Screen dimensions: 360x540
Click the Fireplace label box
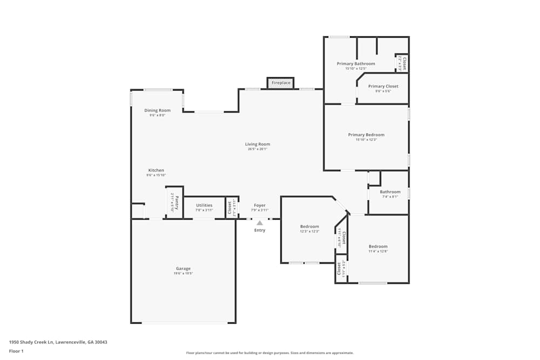pos(281,83)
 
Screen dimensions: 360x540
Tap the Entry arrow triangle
pos(260,222)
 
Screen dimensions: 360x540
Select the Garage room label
pos(183,268)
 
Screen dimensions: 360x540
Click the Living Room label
pos(258,144)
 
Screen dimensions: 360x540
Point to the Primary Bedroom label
pos(366,135)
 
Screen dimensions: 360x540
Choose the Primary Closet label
pos(383,86)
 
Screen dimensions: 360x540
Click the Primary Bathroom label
pos(356,64)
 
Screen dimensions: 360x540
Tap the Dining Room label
pos(157,111)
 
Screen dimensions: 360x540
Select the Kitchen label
pos(156,171)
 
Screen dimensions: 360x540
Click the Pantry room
pos(174,203)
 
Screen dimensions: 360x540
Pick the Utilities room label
pos(204,205)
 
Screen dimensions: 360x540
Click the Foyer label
pos(260,205)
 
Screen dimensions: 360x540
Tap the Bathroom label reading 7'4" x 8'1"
pos(390,192)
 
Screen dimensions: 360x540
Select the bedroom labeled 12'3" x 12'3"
pos(309,227)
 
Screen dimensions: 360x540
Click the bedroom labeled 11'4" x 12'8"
pos(378,246)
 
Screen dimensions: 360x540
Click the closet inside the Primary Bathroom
pos(402,64)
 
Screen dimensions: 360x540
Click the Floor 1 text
pos(17,351)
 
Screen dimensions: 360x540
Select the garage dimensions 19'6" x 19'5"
pos(183,274)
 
